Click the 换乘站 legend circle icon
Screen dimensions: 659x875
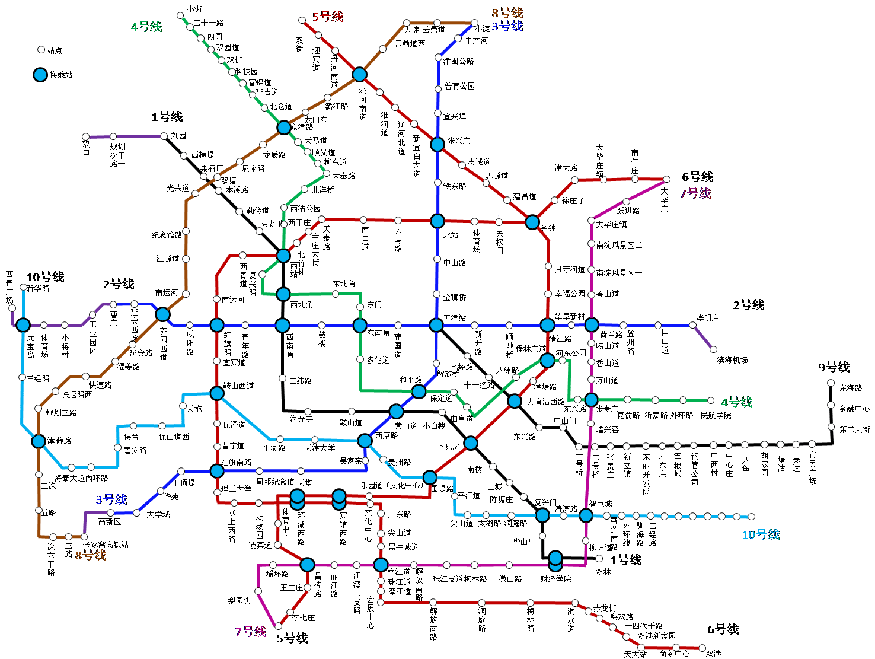(40, 75)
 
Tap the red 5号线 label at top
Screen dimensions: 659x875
(328, 17)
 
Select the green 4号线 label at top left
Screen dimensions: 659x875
(146, 27)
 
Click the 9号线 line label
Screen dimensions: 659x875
(834, 367)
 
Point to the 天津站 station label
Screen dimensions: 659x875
(455, 318)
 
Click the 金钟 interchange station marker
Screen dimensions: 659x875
(532, 222)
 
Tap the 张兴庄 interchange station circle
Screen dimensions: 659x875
(437, 144)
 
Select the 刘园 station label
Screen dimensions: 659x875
(178, 135)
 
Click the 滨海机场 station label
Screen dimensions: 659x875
(732, 360)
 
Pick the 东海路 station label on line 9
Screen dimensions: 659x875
(851, 388)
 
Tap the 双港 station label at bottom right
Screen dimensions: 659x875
(713, 654)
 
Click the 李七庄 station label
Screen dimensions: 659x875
(304, 617)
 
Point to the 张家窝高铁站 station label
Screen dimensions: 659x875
(106, 544)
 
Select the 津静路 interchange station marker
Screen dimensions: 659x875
(39, 441)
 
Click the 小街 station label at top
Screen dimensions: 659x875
(194, 9)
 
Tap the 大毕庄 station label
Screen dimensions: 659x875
(664, 200)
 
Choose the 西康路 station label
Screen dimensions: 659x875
(387, 435)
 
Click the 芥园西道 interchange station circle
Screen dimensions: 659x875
(162, 314)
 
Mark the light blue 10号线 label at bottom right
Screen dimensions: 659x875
(761, 534)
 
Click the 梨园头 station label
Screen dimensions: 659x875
(239, 601)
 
